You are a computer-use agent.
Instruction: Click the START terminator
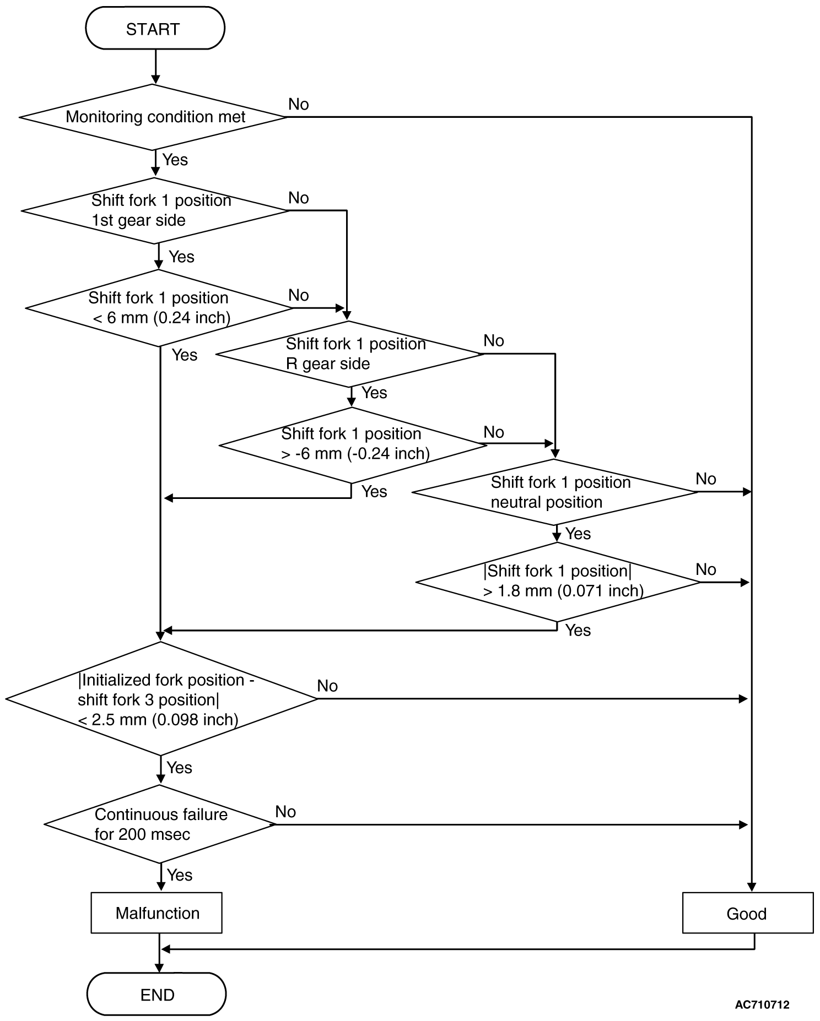click(155, 29)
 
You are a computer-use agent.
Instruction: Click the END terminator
click(157, 994)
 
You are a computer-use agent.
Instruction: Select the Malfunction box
click(157, 913)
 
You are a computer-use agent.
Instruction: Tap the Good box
click(747, 913)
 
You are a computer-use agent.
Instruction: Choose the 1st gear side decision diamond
click(156, 210)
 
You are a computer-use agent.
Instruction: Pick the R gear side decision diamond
click(350, 354)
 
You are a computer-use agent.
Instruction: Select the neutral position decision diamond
click(555, 492)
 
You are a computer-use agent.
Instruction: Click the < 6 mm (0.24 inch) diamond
click(159, 308)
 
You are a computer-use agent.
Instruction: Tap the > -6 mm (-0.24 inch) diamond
click(353, 444)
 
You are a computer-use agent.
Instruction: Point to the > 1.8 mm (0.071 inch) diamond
click(558, 582)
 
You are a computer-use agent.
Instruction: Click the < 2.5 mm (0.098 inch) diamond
click(161, 699)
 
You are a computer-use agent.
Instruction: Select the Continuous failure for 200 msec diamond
click(160, 824)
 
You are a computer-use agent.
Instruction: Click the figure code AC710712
click(762, 1004)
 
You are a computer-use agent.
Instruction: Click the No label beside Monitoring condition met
click(299, 104)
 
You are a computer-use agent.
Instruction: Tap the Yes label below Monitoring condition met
click(175, 160)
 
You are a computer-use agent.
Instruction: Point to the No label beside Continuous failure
click(285, 811)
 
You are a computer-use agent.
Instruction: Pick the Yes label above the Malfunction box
click(180, 875)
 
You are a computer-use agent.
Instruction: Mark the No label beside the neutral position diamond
click(706, 479)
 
